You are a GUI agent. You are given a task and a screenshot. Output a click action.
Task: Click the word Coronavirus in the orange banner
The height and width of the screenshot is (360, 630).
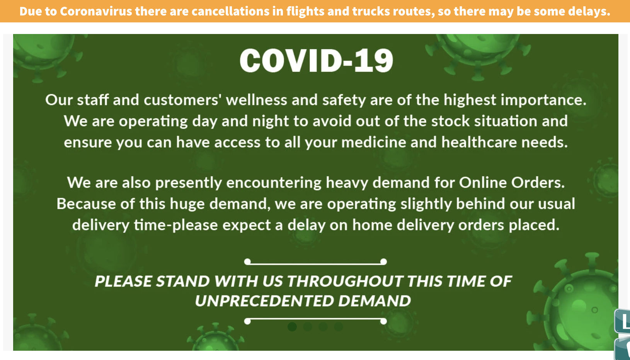tap(95, 11)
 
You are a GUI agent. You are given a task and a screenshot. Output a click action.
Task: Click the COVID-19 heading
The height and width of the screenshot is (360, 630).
tap(316, 60)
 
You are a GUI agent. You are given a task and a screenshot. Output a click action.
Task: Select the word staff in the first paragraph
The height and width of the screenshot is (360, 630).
tap(93, 100)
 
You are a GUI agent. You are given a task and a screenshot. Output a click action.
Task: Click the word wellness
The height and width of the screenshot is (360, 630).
tap(257, 100)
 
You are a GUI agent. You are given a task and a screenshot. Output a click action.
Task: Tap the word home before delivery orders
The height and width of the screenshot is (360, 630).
tap(372, 225)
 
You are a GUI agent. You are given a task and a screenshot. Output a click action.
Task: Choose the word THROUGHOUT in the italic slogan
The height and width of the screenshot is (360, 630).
tap(344, 281)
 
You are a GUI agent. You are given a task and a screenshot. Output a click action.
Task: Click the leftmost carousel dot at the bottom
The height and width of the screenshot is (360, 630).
tap(292, 326)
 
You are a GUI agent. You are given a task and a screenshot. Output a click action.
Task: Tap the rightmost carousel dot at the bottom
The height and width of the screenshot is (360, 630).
tap(339, 326)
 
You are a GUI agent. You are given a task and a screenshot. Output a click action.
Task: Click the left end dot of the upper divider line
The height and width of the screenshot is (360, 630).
tap(247, 262)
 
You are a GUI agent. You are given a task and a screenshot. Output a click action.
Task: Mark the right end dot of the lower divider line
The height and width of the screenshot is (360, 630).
tap(383, 321)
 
